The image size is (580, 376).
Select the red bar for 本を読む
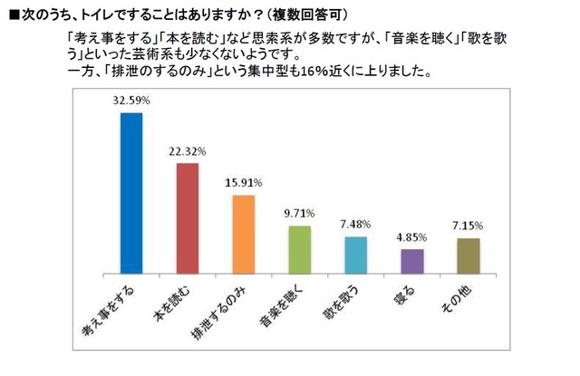pyautogui.click(x=187, y=218)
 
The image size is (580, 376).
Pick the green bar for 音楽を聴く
pyautogui.click(x=299, y=249)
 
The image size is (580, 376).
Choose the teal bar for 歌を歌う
pyautogui.click(x=355, y=255)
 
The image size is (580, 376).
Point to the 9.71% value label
pyautogui.click(x=299, y=215)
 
